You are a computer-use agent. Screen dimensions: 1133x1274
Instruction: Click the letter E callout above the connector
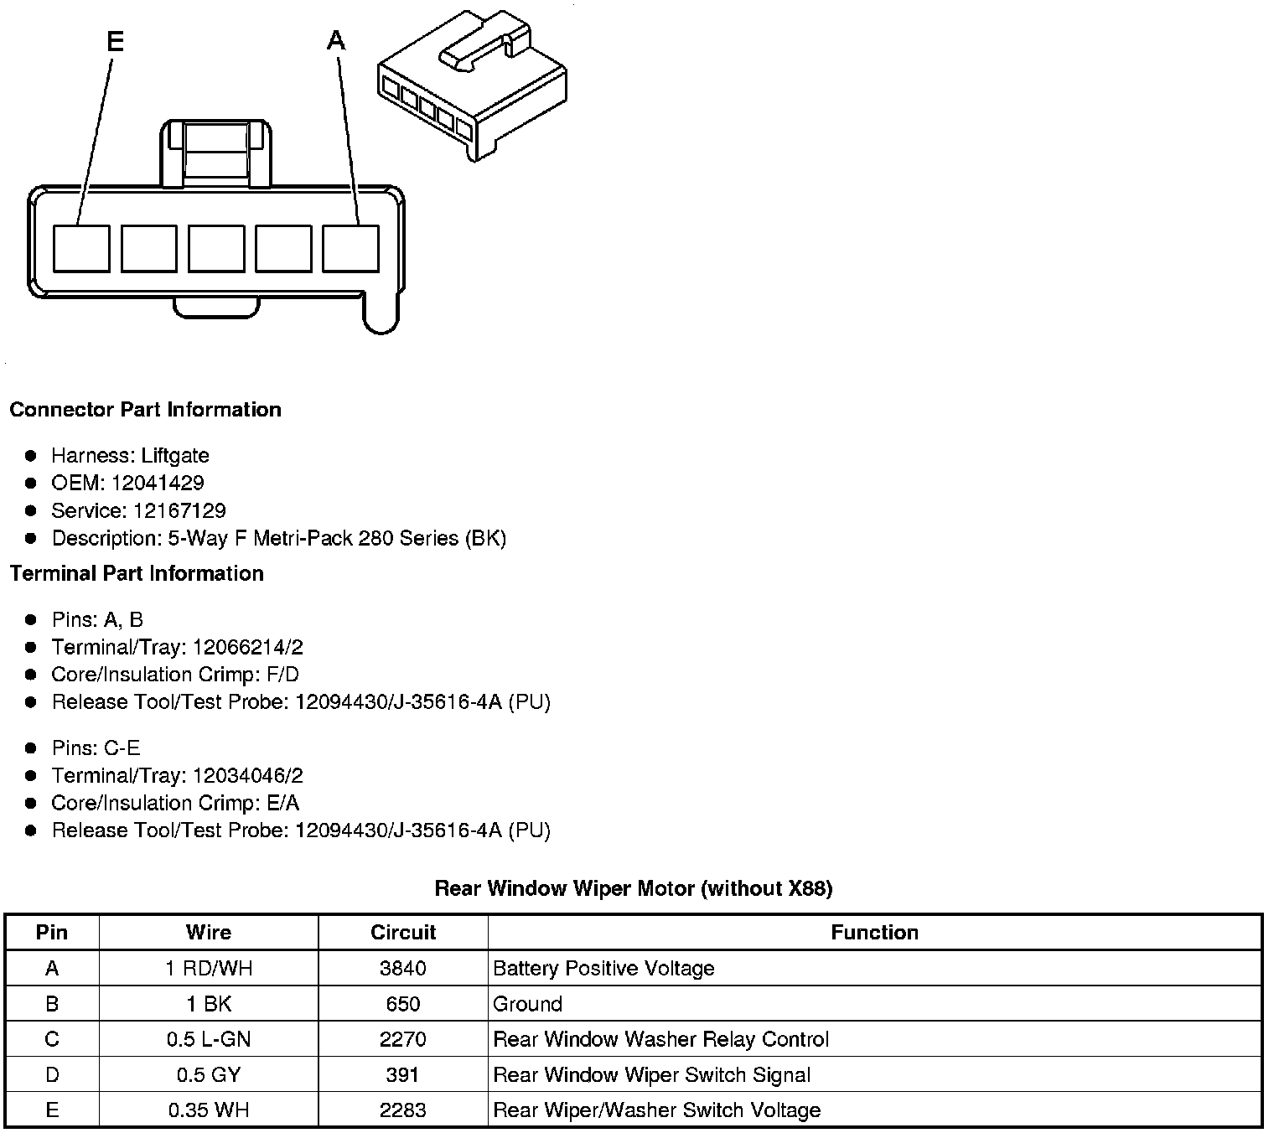click(116, 41)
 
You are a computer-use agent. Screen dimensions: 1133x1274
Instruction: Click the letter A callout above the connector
click(336, 39)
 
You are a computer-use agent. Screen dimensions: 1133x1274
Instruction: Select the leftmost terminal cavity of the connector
click(81, 248)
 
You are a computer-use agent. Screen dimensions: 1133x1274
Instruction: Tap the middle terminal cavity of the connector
click(216, 248)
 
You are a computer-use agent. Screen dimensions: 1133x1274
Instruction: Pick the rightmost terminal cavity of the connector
click(351, 248)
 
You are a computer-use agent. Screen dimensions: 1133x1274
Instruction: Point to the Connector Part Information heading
click(145, 410)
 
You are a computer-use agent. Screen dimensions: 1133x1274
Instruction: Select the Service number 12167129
click(179, 510)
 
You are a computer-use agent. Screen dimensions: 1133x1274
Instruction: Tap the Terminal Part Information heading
click(137, 573)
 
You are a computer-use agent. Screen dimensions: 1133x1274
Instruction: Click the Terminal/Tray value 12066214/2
click(247, 647)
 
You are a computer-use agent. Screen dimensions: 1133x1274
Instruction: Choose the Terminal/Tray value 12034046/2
click(247, 775)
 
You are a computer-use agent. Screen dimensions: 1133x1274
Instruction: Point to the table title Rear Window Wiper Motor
click(633, 888)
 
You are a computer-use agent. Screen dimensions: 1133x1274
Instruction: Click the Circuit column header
click(403, 932)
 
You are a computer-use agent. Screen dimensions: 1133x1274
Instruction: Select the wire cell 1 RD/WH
click(209, 969)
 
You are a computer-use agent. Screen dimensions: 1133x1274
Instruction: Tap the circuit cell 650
click(403, 1004)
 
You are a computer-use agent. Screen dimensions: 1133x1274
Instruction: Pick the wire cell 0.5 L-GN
click(209, 1039)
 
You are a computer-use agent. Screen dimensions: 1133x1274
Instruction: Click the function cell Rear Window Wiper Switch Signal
click(651, 1075)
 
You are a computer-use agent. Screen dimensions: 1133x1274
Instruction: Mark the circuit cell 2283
click(403, 1110)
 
